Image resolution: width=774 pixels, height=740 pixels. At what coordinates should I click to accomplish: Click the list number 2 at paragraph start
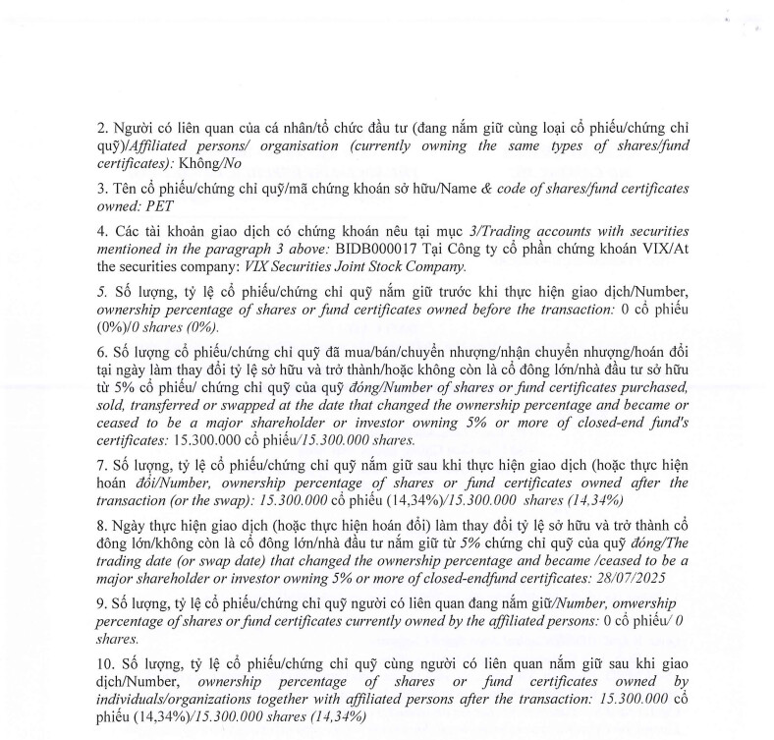pyautogui.click(x=101, y=127)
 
